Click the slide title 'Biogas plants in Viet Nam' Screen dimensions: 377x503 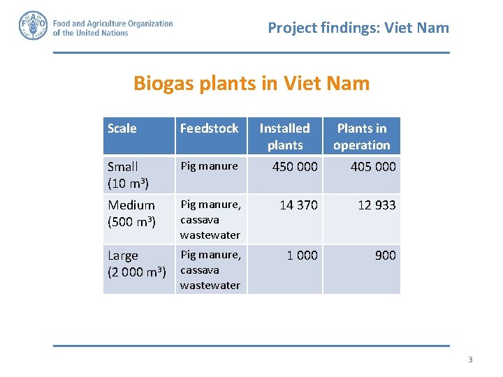[251, 84]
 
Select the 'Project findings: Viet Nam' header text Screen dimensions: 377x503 [358, 28]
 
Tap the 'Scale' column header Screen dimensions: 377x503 [122, 128]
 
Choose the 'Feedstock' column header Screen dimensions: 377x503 [209, 128]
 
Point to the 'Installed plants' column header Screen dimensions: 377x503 [285, 136]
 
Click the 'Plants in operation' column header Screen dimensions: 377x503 [361, 136]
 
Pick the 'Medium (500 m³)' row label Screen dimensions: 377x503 [131, 213]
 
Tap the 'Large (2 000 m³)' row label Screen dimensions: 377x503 [136, 263]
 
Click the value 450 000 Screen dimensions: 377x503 [295, 167]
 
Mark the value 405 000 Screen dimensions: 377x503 [372, 167]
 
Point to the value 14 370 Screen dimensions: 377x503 [298, 205]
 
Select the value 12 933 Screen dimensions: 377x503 [376, 205]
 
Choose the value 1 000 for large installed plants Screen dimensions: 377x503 [302, 256]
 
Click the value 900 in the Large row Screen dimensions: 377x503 [385, 256]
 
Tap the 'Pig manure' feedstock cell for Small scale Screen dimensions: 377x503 [209, 166]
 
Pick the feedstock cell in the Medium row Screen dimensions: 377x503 [210, 219]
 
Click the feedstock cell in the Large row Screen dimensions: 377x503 [210, 269]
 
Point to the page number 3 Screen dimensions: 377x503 [470, 360]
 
